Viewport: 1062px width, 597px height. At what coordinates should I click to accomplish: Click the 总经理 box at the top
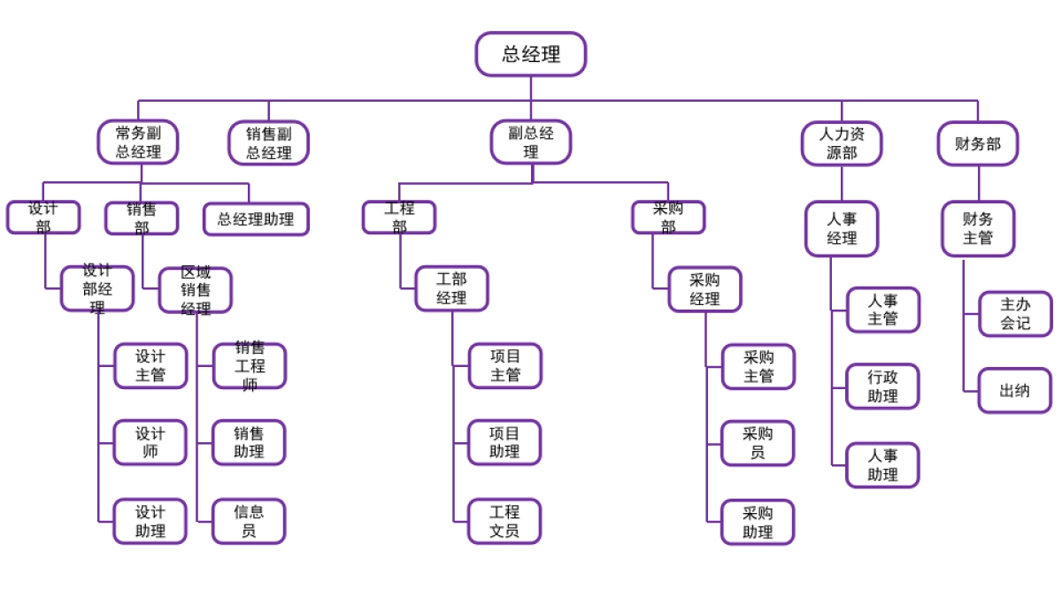[x=531, y=54]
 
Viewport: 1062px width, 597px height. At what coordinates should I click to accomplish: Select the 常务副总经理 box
[x=138, y=142]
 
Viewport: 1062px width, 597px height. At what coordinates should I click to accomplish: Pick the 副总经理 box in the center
[x=531, y=142]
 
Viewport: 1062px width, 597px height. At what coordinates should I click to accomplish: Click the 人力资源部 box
[x=842, y=143]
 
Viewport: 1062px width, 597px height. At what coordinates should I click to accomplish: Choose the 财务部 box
[x=978, y=143]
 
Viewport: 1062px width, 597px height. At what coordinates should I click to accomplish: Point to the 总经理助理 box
[x=257, y=219]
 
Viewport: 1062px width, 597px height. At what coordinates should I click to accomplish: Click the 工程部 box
[x=399, y=218]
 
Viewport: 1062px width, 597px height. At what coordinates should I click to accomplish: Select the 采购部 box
[x=668, y=218]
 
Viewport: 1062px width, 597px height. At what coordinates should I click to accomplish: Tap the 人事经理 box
[x=842, y=228]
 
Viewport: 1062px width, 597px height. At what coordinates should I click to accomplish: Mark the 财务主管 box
[x=978, y=228]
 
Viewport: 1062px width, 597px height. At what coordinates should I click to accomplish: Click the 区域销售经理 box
[x=196, y=290]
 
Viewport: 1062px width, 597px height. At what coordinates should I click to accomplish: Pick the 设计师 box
[x=150, y=442]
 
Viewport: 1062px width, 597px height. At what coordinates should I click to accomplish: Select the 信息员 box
[x=249, y=521]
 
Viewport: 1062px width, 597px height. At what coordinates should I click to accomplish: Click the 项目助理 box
[x=504, y=442]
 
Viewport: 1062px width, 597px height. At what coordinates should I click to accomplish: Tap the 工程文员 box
[x=504, y=521]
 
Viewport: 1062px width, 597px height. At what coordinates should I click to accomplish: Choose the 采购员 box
[x=758, y=443]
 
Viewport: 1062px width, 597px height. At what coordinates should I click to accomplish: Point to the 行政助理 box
[x=883, y=387]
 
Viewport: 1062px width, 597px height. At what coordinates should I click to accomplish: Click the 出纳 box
[x=1015, y=390]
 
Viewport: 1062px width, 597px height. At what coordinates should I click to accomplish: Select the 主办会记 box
[x=1015, y=314]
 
